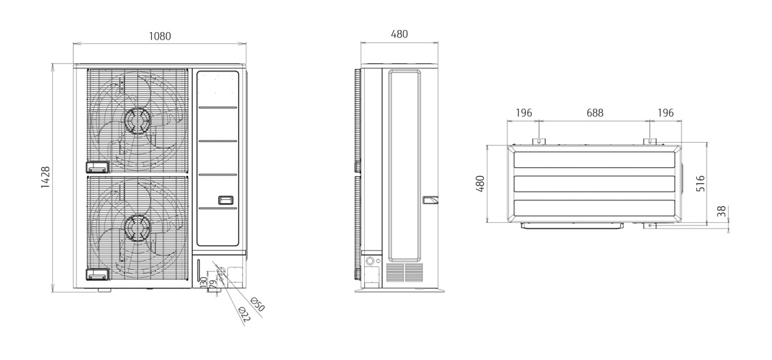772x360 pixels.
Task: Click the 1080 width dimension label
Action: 160,36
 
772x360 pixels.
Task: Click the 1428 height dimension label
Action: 44,178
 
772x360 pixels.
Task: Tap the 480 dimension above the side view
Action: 399,33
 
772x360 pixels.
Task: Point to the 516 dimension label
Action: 701,182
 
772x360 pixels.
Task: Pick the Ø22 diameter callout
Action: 244,315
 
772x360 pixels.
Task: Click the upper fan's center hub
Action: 136,119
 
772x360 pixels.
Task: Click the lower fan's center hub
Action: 136,225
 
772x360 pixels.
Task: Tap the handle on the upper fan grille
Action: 97,167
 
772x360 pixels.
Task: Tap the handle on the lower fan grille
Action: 97,274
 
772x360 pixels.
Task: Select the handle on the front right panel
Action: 227,200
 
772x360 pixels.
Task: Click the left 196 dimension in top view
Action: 523,112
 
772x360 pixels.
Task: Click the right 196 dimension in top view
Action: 665,112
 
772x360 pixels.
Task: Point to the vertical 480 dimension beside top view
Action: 480,184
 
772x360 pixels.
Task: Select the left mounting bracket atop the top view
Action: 539,141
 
